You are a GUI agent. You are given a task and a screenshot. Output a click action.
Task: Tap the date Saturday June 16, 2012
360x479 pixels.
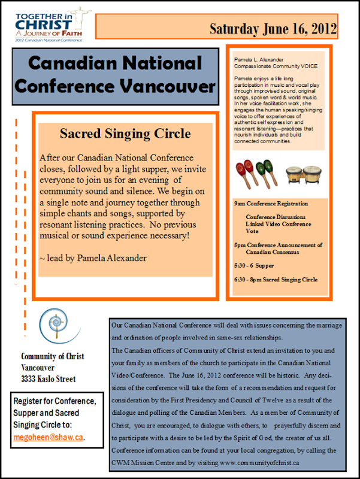click(273, 28)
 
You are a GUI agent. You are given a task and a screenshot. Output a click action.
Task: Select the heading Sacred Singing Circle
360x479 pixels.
click(126, 132)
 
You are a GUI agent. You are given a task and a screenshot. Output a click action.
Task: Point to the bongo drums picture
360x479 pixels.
click(301, 174)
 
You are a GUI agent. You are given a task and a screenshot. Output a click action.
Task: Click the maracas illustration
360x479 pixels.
click(256, 171)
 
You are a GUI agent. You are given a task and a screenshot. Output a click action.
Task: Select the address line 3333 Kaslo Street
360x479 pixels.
click(49, 378)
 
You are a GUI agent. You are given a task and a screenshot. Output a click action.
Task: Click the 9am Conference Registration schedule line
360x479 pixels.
click(271, 204)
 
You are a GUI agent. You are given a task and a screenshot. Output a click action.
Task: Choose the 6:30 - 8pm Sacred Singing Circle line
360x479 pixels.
click(276, 279)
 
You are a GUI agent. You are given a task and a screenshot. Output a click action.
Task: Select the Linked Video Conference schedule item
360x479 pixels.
click(278, 224)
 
